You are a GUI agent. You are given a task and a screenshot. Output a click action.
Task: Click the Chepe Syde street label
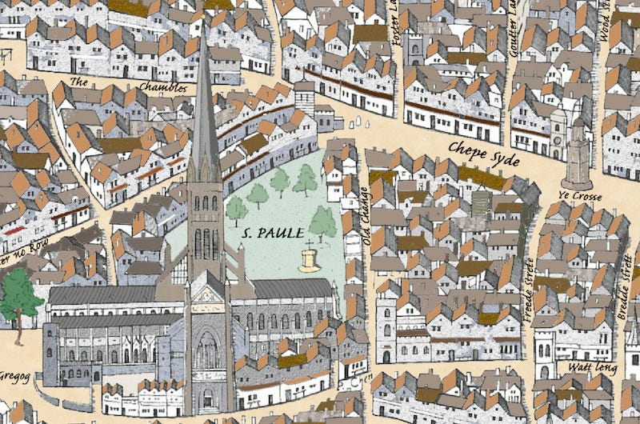click(x=485, y=152)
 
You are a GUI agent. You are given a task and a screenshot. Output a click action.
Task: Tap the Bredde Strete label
click(x=626, y=292)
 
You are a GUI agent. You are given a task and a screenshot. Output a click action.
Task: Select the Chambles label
click(x=162, y=86)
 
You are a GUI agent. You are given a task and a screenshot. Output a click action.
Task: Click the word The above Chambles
click(x=78, y=82)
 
